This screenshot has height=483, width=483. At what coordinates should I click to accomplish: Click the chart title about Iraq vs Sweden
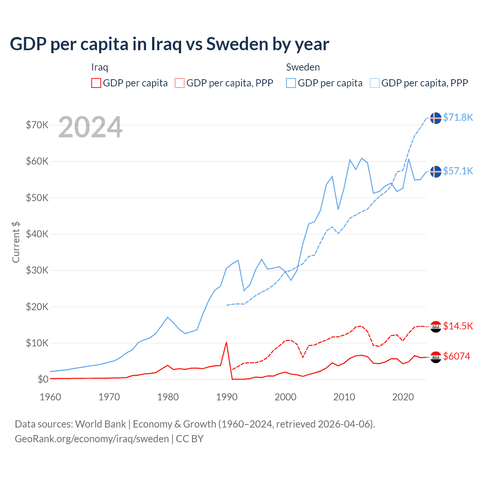(169, 44)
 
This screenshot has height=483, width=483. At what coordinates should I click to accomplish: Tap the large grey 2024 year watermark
(91, 127)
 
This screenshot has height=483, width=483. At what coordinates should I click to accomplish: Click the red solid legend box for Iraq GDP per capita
(96, 83)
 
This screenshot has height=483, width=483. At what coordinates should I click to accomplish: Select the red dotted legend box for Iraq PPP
(180, 83)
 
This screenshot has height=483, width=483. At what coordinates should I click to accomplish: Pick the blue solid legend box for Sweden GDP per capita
(291, 83)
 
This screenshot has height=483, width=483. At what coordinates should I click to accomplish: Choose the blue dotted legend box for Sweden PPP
(375, 83)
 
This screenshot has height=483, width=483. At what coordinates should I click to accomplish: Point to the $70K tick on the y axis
(37, 125)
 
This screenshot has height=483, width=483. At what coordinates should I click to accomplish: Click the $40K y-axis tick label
(37, 234)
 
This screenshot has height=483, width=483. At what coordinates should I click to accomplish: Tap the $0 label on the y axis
(43, 379)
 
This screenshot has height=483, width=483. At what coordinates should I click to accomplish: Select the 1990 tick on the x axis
(227, 397)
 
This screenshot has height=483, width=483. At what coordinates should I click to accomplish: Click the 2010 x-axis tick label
(344, 397)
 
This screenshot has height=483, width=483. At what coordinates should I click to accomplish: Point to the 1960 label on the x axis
(51, 397)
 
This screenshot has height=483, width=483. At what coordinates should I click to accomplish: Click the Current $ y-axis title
(16, 242)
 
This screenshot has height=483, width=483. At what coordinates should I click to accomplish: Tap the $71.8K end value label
(458, 118)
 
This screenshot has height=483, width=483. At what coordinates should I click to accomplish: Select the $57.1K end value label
(458, 171)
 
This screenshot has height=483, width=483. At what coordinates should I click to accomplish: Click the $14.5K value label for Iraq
(458, 326)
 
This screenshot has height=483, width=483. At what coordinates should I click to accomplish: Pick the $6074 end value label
(457, 356)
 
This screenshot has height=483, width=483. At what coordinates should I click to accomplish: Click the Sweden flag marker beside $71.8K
(436, 118)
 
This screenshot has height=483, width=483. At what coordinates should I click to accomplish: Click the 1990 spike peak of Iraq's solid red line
(226, 343)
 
